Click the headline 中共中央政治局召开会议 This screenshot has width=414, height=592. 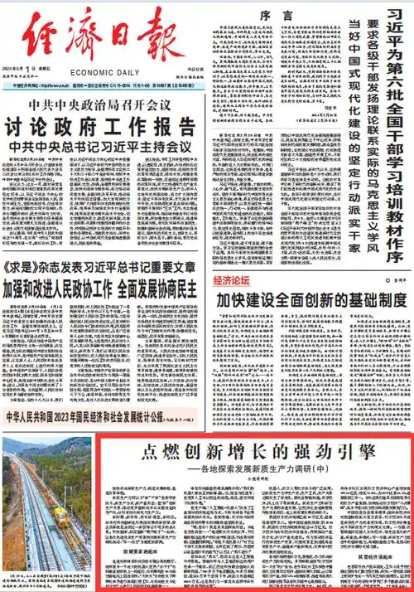(102, 108)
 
